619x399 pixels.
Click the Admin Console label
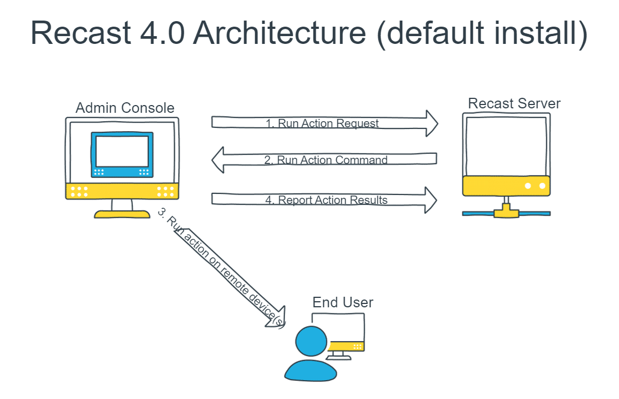coord(125,108)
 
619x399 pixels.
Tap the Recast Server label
coord(514,103)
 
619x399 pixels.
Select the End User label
coord(343,302)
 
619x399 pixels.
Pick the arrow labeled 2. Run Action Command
coord(325,160)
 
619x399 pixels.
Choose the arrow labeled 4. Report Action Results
coord(325,200)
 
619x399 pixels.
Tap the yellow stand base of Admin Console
coord(122,214)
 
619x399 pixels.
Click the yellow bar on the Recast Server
coord(506,186)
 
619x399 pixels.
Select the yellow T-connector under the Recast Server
coord(506,210)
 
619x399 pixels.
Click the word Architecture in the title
coord(280,33)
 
